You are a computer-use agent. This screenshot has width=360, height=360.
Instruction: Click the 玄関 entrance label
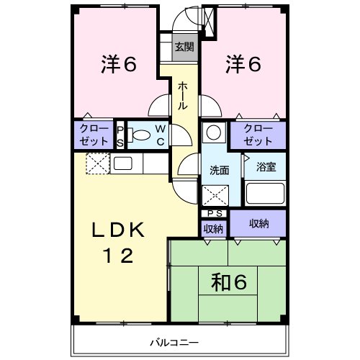click(184, 47)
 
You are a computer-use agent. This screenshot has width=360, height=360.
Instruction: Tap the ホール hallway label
click(183, 96)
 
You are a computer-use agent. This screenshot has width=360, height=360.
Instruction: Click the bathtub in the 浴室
click(265, 194)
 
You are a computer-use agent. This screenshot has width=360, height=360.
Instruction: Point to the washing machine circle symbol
click(214, 132)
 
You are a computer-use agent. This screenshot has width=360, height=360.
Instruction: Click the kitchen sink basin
click(122, 163)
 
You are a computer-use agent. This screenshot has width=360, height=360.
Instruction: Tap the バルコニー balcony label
click(174, 342)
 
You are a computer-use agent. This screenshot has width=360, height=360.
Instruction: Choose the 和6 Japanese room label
click(228, 282)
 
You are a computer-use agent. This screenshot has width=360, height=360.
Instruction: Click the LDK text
click(118, 230)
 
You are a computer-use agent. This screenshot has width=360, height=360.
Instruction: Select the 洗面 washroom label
click(220, 170)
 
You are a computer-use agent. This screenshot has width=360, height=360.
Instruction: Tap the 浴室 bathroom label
click(266, 167)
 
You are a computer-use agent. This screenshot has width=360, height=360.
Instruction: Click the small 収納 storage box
click(213, 229)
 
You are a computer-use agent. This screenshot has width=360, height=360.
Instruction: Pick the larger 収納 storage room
click(258, 223)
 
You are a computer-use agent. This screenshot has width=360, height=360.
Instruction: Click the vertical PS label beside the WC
click(120, 136)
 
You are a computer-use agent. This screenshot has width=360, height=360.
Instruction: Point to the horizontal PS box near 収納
click(214, 213)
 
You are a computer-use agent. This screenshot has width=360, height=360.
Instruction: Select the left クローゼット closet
click(94, 135)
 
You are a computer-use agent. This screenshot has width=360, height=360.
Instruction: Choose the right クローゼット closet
click(258, 135)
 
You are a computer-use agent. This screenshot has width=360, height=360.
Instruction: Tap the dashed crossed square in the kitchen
click(98, 163)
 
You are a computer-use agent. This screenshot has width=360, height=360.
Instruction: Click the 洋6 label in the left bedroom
click(119, 64)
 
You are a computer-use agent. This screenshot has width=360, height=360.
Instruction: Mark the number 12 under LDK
click(118, 256)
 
